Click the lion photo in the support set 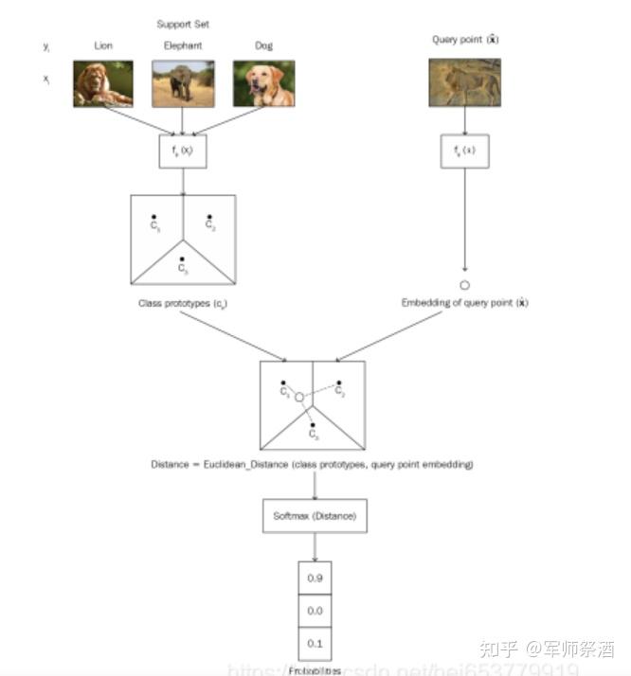[x=103, y=83]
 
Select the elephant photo [x=183, y=83]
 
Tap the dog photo [x=263, y=83]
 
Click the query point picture [x=464, y=81]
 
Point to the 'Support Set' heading [x=183, y=24]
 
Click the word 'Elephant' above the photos [x=183, y=44]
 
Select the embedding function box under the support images [x=183, y=151]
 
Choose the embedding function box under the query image [x=465, y=151]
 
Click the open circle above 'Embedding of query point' [x=464, y=284]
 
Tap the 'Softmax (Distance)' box [x=315, y=516]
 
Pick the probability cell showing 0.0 [x=315, y=611]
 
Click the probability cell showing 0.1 [x=315, y=644]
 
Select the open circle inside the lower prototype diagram [x=299, y=398]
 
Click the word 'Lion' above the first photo [x=103, y=44]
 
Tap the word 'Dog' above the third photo [x=263, y=44]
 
